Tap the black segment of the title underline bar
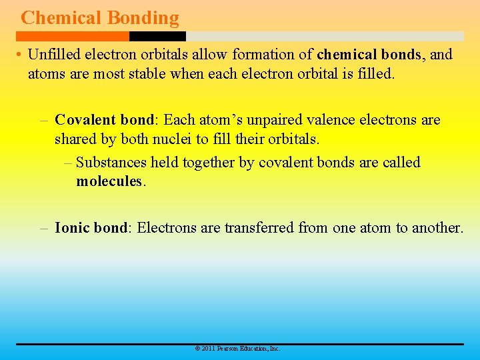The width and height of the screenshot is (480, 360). coord(157,36)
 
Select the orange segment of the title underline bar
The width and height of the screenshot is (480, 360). coord(73,36)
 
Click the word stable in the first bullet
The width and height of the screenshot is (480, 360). coord(146,73)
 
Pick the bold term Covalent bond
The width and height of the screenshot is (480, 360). coord(104,120)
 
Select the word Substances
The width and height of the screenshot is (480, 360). coord(111,163)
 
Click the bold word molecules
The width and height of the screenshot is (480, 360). coord(109,181)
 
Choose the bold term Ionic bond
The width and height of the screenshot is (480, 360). coord(91,228)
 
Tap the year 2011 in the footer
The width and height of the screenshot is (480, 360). coord(207,349)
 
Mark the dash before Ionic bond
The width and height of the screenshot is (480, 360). coord(44,228)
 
